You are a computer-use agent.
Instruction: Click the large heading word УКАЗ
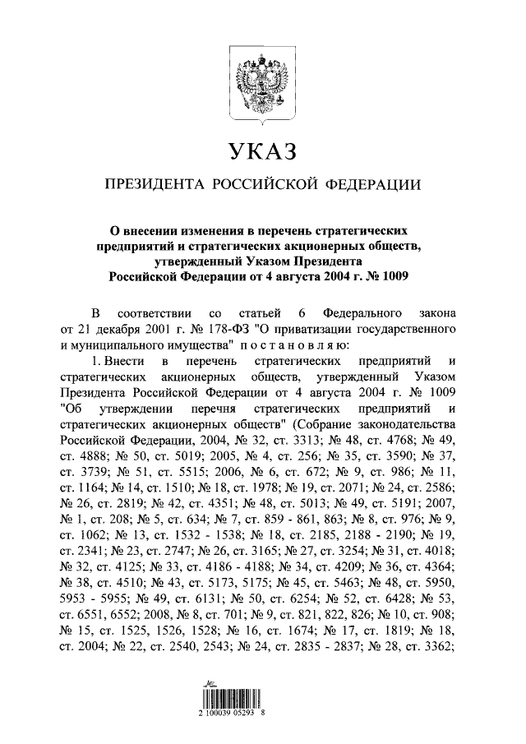pos(262,151)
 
